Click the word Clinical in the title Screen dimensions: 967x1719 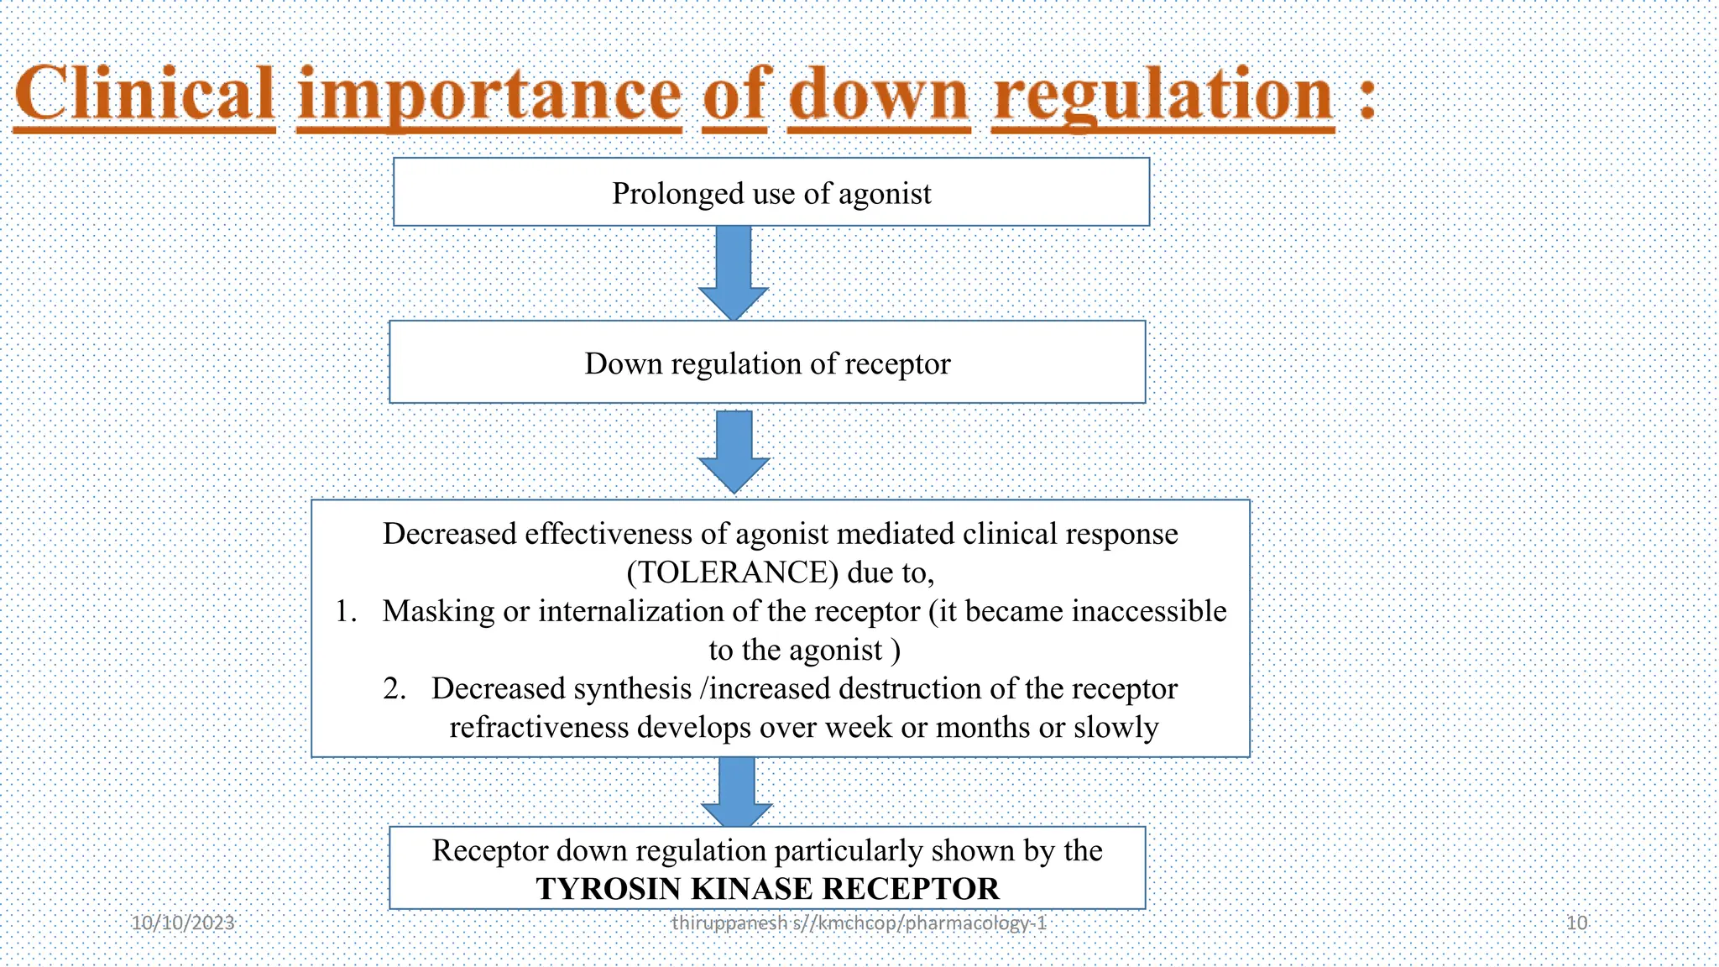click(145, 94)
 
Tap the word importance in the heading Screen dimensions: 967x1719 click(489, 96)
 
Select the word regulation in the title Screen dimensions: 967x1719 click(1163, 96)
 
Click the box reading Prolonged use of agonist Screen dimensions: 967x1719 click(771, 193)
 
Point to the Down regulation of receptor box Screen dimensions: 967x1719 click(767, 363)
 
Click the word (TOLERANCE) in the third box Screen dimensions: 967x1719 click(732, 572)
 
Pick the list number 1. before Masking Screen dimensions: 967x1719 click(346, 611)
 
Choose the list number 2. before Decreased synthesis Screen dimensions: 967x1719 click(394, 688)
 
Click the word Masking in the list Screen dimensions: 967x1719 click(438, 611)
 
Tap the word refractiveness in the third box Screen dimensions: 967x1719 click(538, 727)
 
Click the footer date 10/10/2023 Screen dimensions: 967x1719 click(183, 923)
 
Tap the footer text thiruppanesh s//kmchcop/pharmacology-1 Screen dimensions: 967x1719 click(859, 923)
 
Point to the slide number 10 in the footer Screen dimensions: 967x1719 click(1576, 923)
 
